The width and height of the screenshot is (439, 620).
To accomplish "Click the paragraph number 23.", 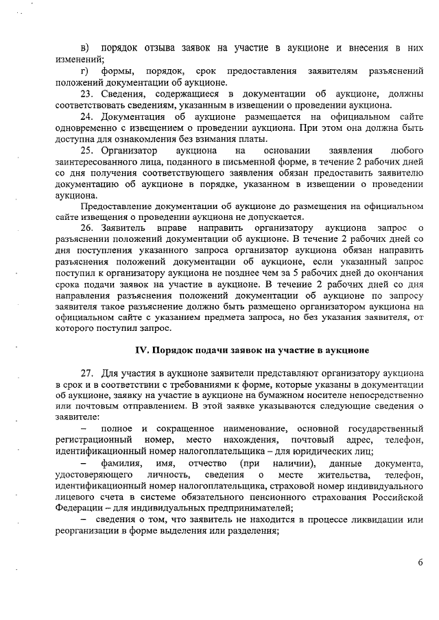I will pos(87,93).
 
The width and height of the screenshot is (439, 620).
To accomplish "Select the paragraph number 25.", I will pos(87,150).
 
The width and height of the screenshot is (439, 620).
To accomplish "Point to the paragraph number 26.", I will pos(87,227).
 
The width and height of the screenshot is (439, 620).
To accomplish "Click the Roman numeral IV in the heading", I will pos(141,350).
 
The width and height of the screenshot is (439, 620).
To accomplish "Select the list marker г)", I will pos(84,71).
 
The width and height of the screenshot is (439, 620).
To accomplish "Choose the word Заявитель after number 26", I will pos(123,227).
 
